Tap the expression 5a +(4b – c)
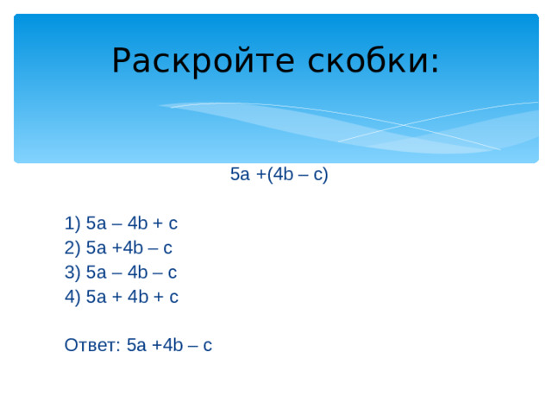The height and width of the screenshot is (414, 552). tap(279, 175)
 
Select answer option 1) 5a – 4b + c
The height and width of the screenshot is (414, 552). tap(121, 224)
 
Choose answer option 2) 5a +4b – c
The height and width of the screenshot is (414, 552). tap(118, 248)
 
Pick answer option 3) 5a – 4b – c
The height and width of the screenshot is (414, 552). tap(121, 273)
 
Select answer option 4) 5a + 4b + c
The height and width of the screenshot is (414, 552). tap(122, 297)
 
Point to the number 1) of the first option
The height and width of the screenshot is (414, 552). tap(72, 224)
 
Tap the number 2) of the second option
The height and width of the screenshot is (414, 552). tap(72, 248)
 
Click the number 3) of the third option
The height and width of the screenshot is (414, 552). tap(72, 273)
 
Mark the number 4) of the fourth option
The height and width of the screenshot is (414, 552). tap(72, 297)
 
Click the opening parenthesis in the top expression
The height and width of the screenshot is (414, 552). tap(269, 175)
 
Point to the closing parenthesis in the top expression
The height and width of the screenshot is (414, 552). tap(325, 175)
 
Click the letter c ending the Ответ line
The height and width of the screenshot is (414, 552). tap(207, 346)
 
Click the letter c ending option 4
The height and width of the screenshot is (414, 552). tap(173, 297)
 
